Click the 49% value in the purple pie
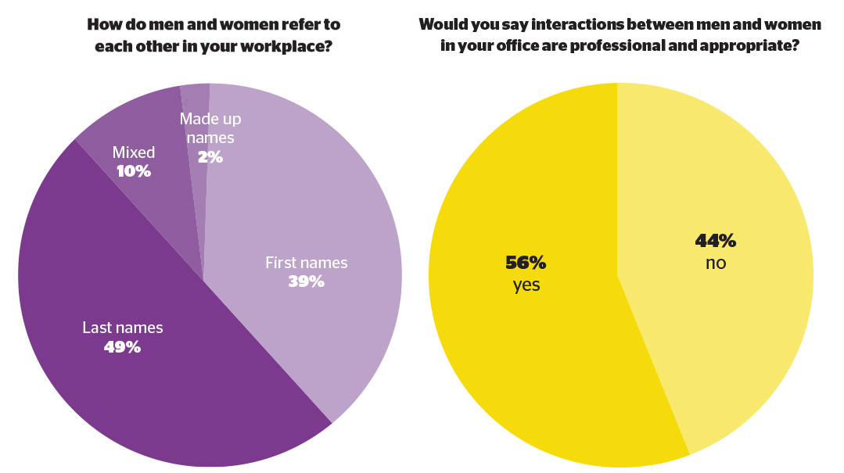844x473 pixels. point(122,347)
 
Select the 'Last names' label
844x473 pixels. point(123,327)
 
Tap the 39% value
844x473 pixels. point(307,281)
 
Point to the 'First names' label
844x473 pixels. point(307,263)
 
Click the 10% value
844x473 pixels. point(134,171)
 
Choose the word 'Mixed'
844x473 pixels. point(134,152)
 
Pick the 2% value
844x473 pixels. point(210,156)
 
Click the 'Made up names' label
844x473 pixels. point(210,128)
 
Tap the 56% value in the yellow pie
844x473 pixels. point(526,263)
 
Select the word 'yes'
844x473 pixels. point(526,285)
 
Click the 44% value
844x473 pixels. point(716,241)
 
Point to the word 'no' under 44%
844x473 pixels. point(716,263)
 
